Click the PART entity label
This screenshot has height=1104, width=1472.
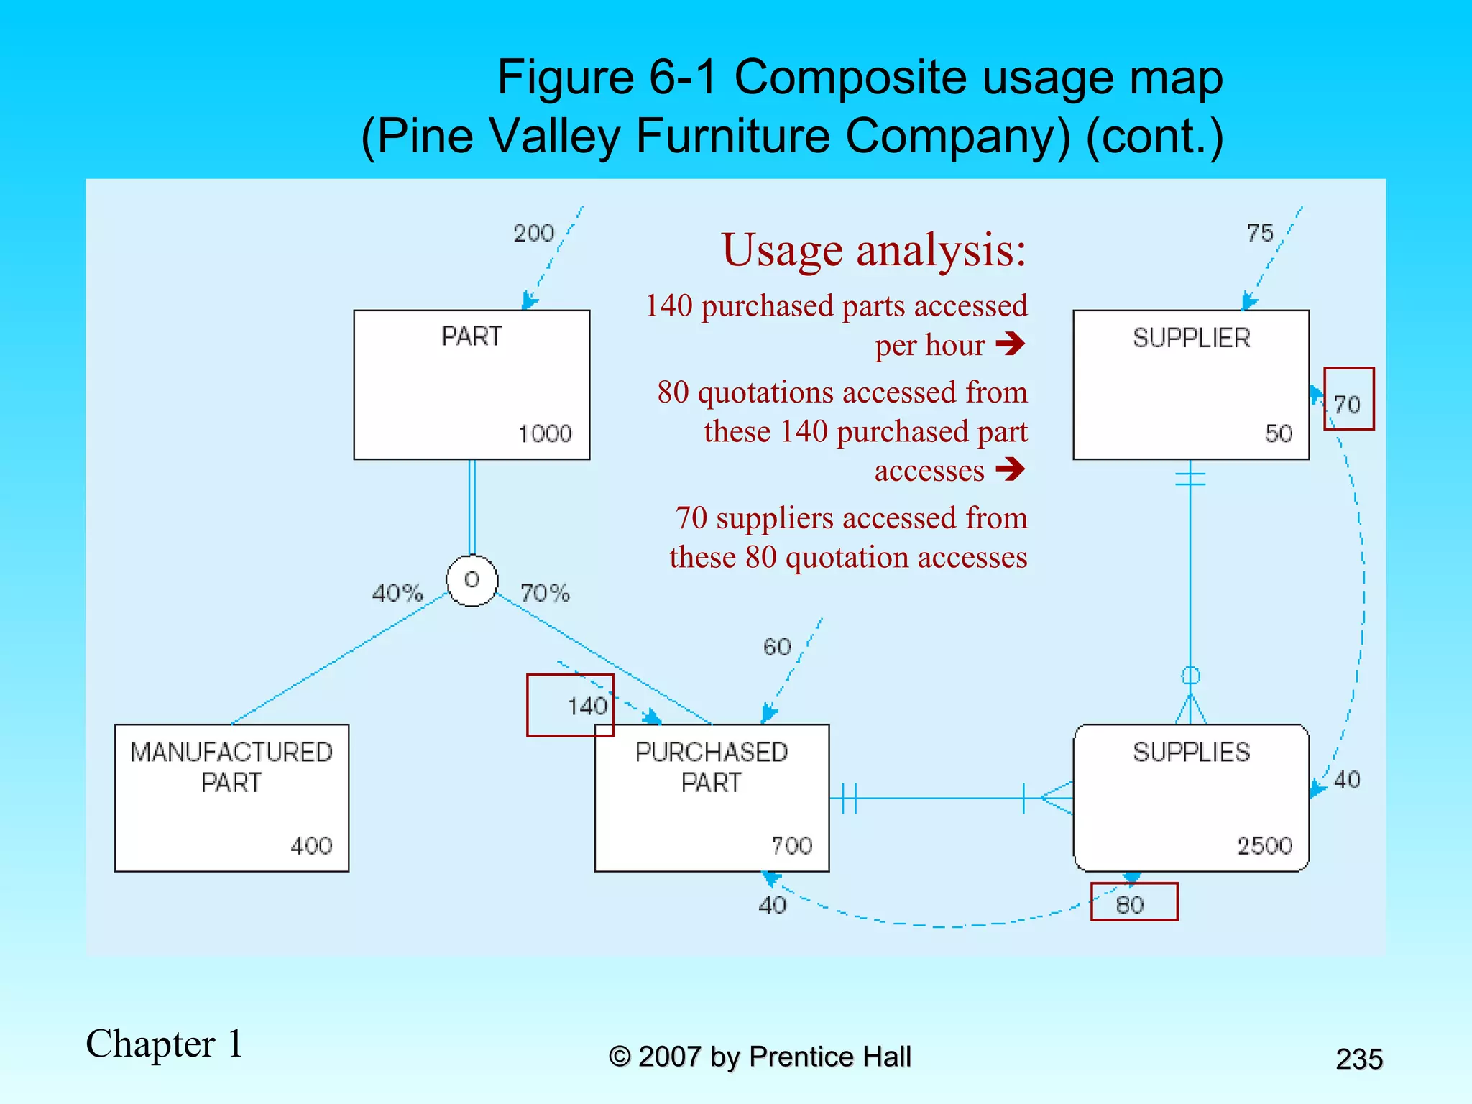click(x=471, y=336)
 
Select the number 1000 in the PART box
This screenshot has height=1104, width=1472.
click(x=545, y=433)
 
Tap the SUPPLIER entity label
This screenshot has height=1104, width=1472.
click(x=1191, y=338)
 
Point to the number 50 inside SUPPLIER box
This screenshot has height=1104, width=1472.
click(x=1279, y=433)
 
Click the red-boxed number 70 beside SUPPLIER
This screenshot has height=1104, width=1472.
click(x=1348, y=404)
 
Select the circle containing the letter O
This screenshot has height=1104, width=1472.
click(x=471, y=580)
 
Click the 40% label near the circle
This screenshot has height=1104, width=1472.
click(x=397, y=593)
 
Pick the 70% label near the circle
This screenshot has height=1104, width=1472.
click(x=545, y=593)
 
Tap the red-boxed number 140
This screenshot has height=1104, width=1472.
click(x=587, y=707)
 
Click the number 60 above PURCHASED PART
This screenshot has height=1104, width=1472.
click(x=777, y=647)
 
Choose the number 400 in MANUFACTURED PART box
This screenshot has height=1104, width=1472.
click(x=311, y=845)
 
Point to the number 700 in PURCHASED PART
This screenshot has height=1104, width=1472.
click(x=792, y=845)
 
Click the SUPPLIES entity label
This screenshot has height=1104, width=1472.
click(x=1191, y=753)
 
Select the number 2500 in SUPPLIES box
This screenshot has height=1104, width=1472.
click(x=1265, y=845)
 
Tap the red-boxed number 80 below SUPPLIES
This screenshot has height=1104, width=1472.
click(x=1130, y=904)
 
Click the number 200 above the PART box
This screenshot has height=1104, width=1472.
click(x=533, y=233)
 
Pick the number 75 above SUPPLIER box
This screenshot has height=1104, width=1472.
click(x=1260, y=233)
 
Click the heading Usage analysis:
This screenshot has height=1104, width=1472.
click(x=874, y=250)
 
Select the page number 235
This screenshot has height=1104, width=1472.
click(x=1359, y=1059)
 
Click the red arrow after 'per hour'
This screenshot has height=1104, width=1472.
click(x=1011, y=344)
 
